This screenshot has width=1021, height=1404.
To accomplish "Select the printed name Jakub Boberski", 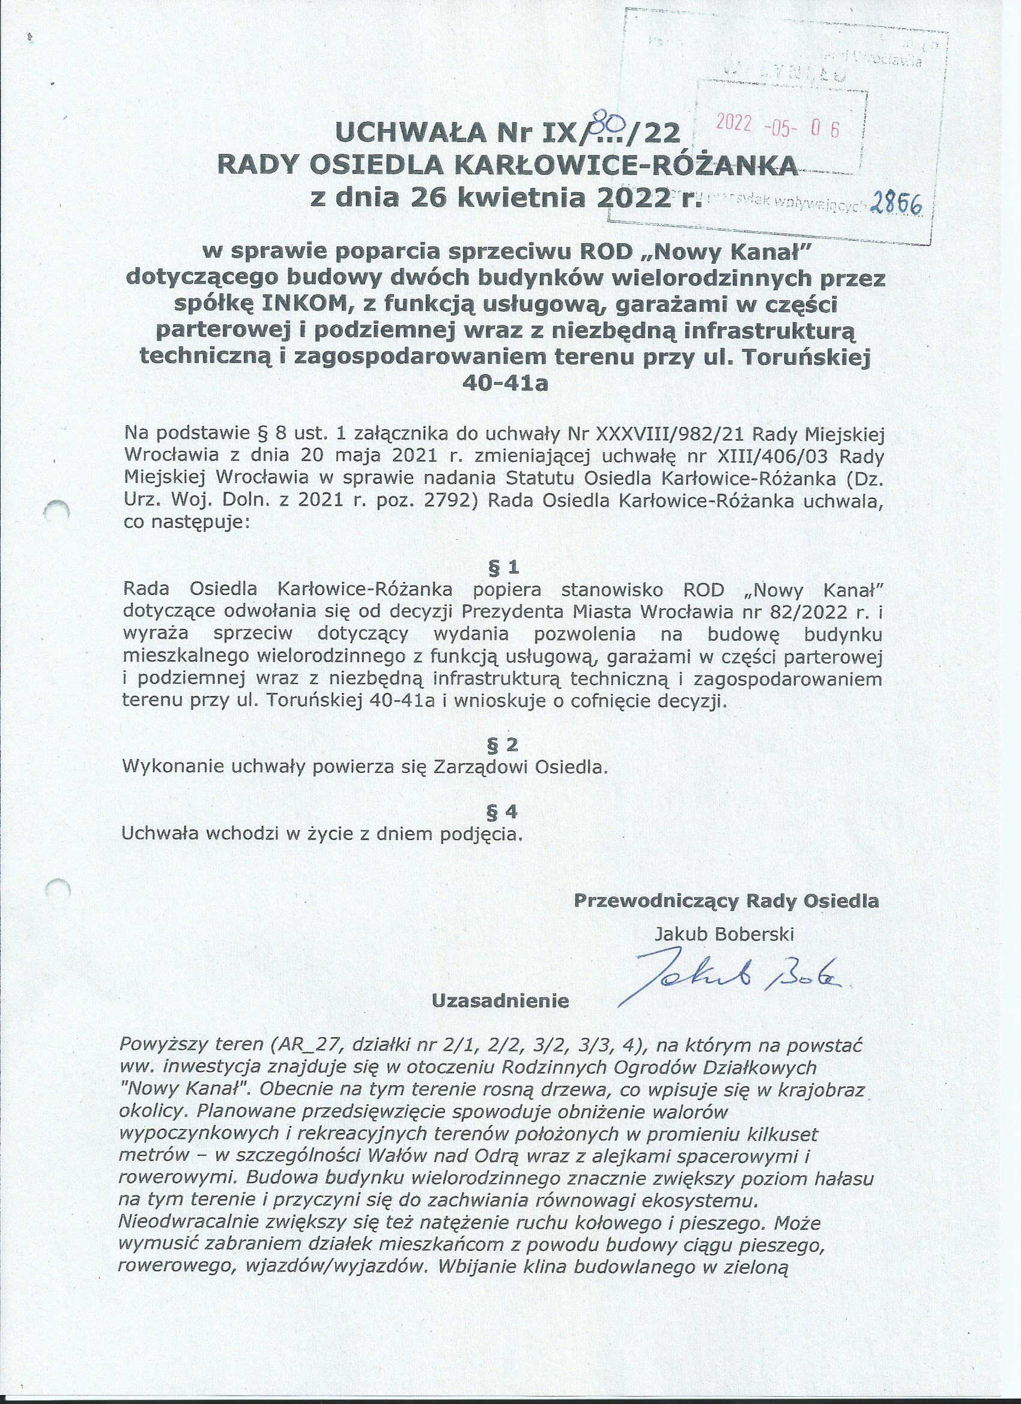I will tap(724, 934).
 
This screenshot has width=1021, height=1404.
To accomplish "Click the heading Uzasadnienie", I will tap(500, 1000).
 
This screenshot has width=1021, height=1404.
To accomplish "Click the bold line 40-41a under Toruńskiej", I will tap(505, 384).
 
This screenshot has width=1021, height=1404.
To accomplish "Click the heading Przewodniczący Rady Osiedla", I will tap(726, 901).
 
